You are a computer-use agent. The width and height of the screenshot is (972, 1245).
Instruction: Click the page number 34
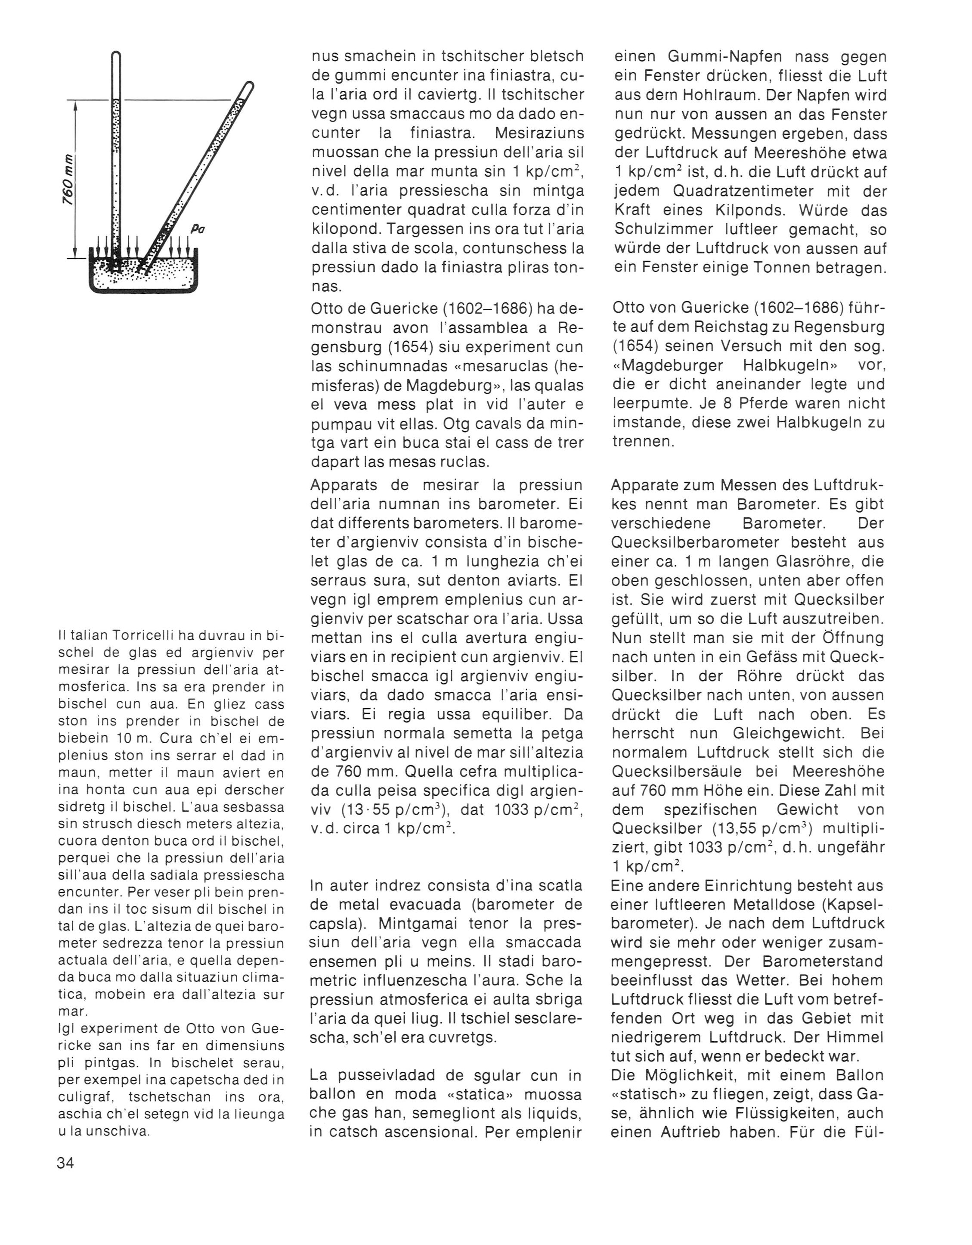pos(65,1163)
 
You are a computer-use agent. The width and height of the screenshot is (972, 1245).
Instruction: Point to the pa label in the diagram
pos(198,229)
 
